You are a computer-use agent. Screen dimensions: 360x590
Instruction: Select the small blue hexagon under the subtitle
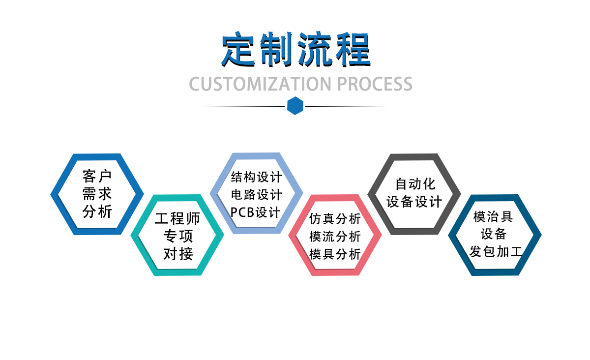(x=295, y=106)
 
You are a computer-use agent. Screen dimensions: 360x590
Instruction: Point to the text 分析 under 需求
(x=97, y=211)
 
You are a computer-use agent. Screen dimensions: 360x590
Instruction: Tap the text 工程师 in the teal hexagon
(x=177, y=218)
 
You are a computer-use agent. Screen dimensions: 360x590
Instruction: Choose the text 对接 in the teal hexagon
(x=177, y=254)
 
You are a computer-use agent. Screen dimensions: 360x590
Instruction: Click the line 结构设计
(x=256, y=177)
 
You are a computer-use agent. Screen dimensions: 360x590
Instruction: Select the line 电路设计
(x=256, y=194)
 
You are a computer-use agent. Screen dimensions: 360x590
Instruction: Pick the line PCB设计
(x=256, y=212)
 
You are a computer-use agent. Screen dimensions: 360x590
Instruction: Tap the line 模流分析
(x=335, y=237)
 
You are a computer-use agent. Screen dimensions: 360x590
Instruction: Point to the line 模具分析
(x=335, y=254)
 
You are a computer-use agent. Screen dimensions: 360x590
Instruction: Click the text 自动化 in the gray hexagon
(x=415, y=184)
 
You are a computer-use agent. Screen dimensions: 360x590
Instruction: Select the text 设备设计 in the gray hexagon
(x=415, y=202)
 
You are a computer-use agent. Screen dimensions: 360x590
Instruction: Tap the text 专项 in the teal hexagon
(x=177, y=236)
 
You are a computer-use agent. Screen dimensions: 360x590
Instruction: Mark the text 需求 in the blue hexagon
(x=97, y=194)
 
